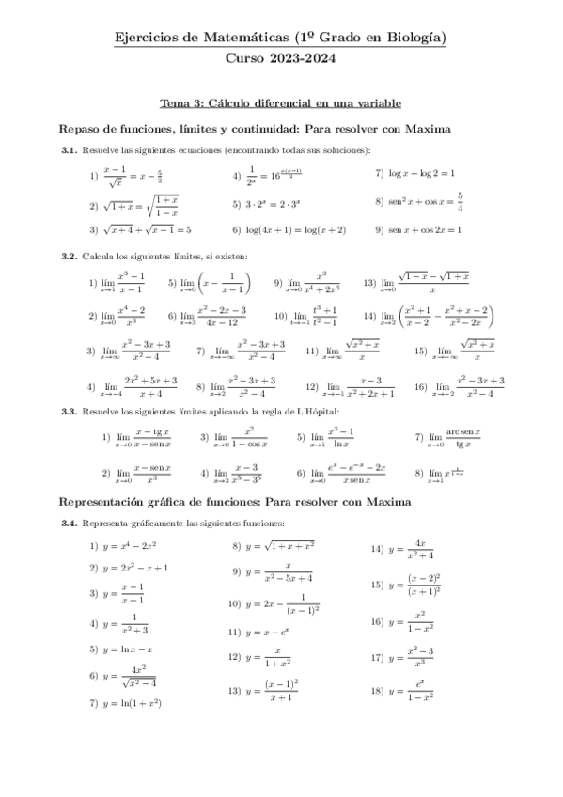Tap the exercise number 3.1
[x=69, y=150]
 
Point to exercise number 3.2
[x=69, y=256]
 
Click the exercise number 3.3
[x=69, y=411]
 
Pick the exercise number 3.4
[x=69, y=523]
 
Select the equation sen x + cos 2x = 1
[x=418, y=228]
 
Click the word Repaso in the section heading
[x=82, y=128]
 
